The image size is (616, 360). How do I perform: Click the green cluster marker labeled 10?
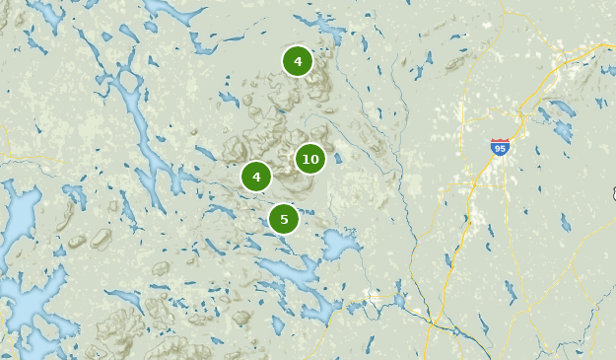[x=310, y=158]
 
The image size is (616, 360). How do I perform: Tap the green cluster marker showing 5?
[x=284, y=219]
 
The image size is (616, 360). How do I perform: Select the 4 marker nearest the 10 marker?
[x=256, y=177]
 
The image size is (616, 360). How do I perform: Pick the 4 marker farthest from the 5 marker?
[x=298, y=61]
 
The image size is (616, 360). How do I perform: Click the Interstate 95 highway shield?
[x=500, y=148]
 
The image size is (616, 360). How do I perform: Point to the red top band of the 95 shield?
[x=500, y=142]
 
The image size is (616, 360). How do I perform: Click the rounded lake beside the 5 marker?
[x=339, y=244]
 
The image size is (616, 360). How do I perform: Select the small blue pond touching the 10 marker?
[x=337, y=158]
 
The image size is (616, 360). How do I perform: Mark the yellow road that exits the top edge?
[x=508, y=10]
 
